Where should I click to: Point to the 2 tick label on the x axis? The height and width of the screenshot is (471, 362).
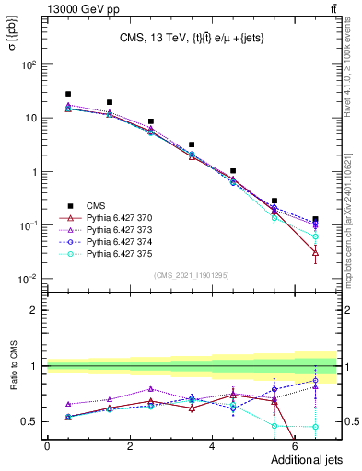129,446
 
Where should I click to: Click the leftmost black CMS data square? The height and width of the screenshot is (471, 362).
68,94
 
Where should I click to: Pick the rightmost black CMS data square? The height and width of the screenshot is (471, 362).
316,219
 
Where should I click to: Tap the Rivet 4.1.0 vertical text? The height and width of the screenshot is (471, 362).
355,69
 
